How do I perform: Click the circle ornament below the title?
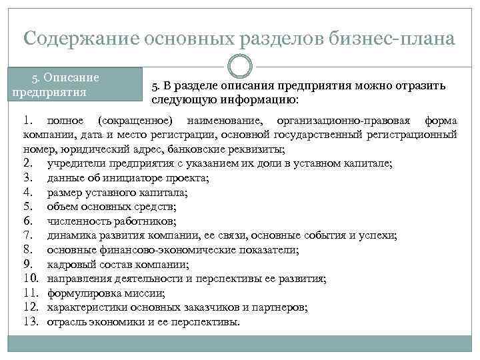point(239,65)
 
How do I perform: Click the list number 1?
point(27,121)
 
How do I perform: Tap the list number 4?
point(27,193)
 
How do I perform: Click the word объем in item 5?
point(62,207)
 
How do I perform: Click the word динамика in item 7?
point(72,236)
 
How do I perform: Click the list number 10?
point(29,279)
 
